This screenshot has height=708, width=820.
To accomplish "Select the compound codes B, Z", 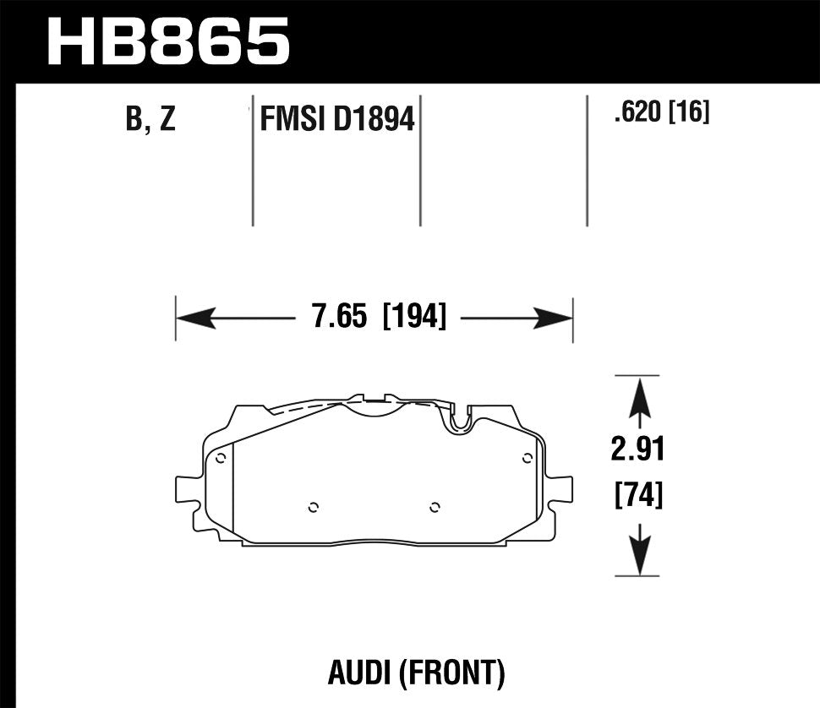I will click(x=150, y=120).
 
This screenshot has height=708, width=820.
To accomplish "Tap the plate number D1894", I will click(x=374, y=120).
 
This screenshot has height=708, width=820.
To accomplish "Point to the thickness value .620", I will click(x=638, y=112).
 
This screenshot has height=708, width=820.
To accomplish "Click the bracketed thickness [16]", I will click(x=689, y=112).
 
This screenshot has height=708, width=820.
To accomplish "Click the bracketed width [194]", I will click(x=414, y=318).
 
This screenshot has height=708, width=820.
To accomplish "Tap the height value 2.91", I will click(x=638, y=449).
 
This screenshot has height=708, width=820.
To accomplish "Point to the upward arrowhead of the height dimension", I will click(x=638, y=397).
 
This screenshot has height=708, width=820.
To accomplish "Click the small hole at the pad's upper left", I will click(x=221, y=459).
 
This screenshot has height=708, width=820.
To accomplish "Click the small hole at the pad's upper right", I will click(x=527, y=459).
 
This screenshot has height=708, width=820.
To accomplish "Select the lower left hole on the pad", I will click(x=313, y=507).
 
